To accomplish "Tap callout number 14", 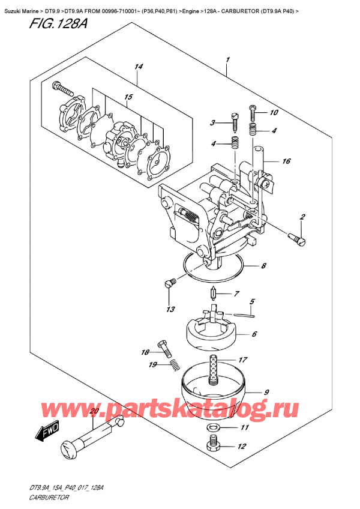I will [x=139, y=67].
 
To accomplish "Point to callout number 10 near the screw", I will [x=274, y=112].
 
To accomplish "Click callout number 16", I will [x=287, y=161].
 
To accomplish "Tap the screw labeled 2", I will [x=296, y=239].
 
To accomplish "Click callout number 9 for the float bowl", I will [x=266, y=391].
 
